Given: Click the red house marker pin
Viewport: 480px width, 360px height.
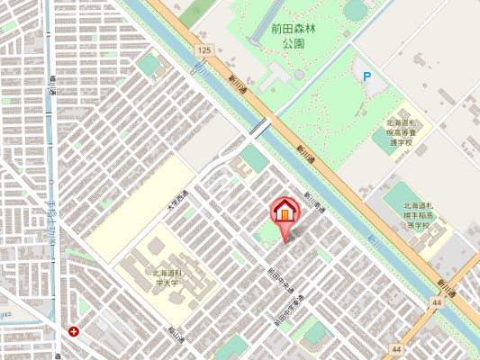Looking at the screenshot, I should tap(285, 213).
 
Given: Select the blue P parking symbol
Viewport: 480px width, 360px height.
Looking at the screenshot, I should tap(367, 77).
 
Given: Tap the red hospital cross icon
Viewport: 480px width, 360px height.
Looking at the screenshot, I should tap(73, 331).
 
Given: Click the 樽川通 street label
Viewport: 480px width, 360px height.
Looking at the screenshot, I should tap(53, 86).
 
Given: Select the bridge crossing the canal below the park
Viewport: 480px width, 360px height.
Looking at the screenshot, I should tap(260, 128).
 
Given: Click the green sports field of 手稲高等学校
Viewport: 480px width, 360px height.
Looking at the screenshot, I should tap(401, 198).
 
